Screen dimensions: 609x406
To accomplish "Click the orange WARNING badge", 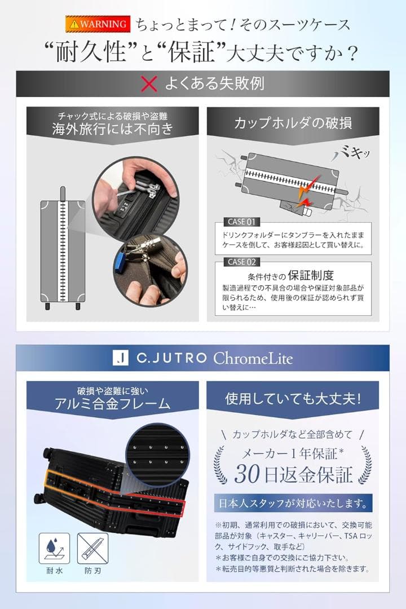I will pyautogui.click(x=96, y=24).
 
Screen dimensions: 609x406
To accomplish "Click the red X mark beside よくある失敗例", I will pyautogui.click(x=148, y=85).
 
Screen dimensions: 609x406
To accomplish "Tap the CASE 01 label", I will pyautogui.click(x=242, y=222).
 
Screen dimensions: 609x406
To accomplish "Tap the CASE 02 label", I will pyautogui.click(x=242, y=262).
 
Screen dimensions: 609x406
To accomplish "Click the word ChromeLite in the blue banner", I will pyautogui.click(x=253, y=358).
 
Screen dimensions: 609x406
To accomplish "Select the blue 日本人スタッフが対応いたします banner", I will pyautogui.click(x=293, y=502).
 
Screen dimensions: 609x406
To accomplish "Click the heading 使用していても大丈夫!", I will pyautogui.click(x=292, y=399).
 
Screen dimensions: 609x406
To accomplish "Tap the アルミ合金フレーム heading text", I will pyautogui.click(x=112, y=404).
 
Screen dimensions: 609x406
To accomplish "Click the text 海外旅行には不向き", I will pyautogui.click(x=112, y=129).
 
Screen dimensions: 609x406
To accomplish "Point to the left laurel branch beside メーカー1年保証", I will pyautogui.click(x=221, y=464).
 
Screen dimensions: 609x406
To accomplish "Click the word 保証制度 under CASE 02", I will pyautogui.click(x=311, y=276).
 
